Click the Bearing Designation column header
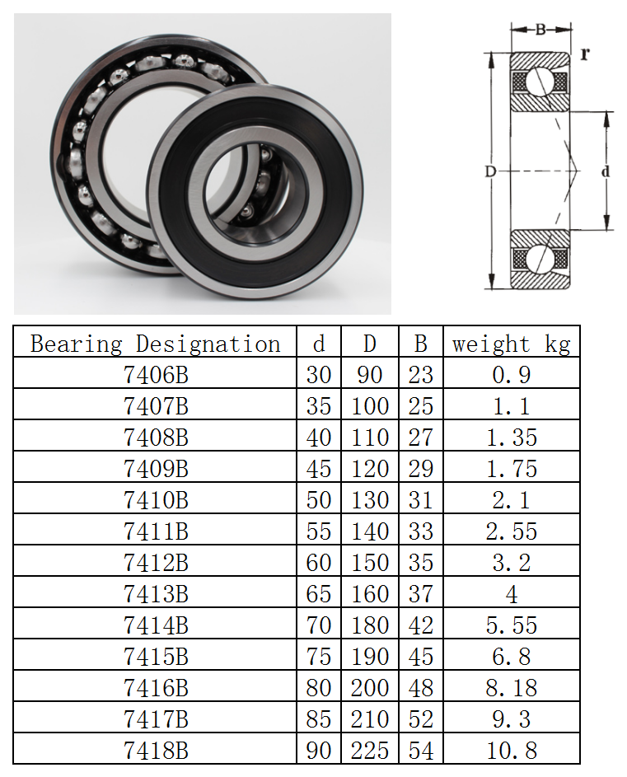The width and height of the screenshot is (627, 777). coord(155,344)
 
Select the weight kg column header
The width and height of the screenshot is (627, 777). coord(511,344)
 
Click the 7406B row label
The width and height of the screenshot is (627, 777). coord(156,375)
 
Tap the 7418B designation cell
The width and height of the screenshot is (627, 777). coord(156,751)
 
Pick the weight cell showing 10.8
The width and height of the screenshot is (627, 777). coord(512,751)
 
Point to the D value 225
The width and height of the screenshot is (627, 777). coord(370,751)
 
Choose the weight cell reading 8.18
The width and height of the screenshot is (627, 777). coord(512,688)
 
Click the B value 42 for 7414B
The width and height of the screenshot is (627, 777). coord(421,625)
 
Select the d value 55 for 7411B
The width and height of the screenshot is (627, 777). coord(319,531)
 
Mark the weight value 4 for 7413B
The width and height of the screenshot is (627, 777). coord(512,594)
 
